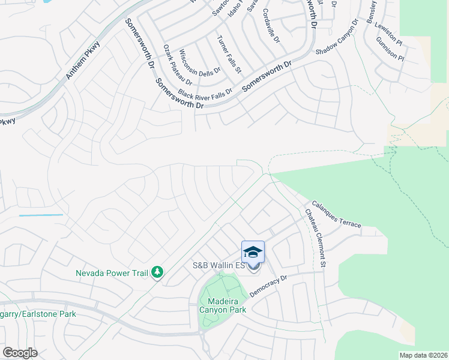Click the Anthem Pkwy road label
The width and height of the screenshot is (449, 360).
click(83, 61)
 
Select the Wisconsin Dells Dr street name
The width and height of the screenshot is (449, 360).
click(200, 63)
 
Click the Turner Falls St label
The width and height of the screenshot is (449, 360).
click(229, 54)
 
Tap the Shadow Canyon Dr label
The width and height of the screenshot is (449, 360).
click(337, 37)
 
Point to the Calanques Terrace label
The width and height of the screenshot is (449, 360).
click(336, 214)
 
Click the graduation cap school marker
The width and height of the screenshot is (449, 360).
click(253, 251)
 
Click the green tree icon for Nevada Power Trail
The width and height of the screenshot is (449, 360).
click(157, 273)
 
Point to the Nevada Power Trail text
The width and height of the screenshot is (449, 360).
click(112, 273)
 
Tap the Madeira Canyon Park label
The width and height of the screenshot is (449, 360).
click(223, 305)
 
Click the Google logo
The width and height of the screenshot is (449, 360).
click(20, 352)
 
